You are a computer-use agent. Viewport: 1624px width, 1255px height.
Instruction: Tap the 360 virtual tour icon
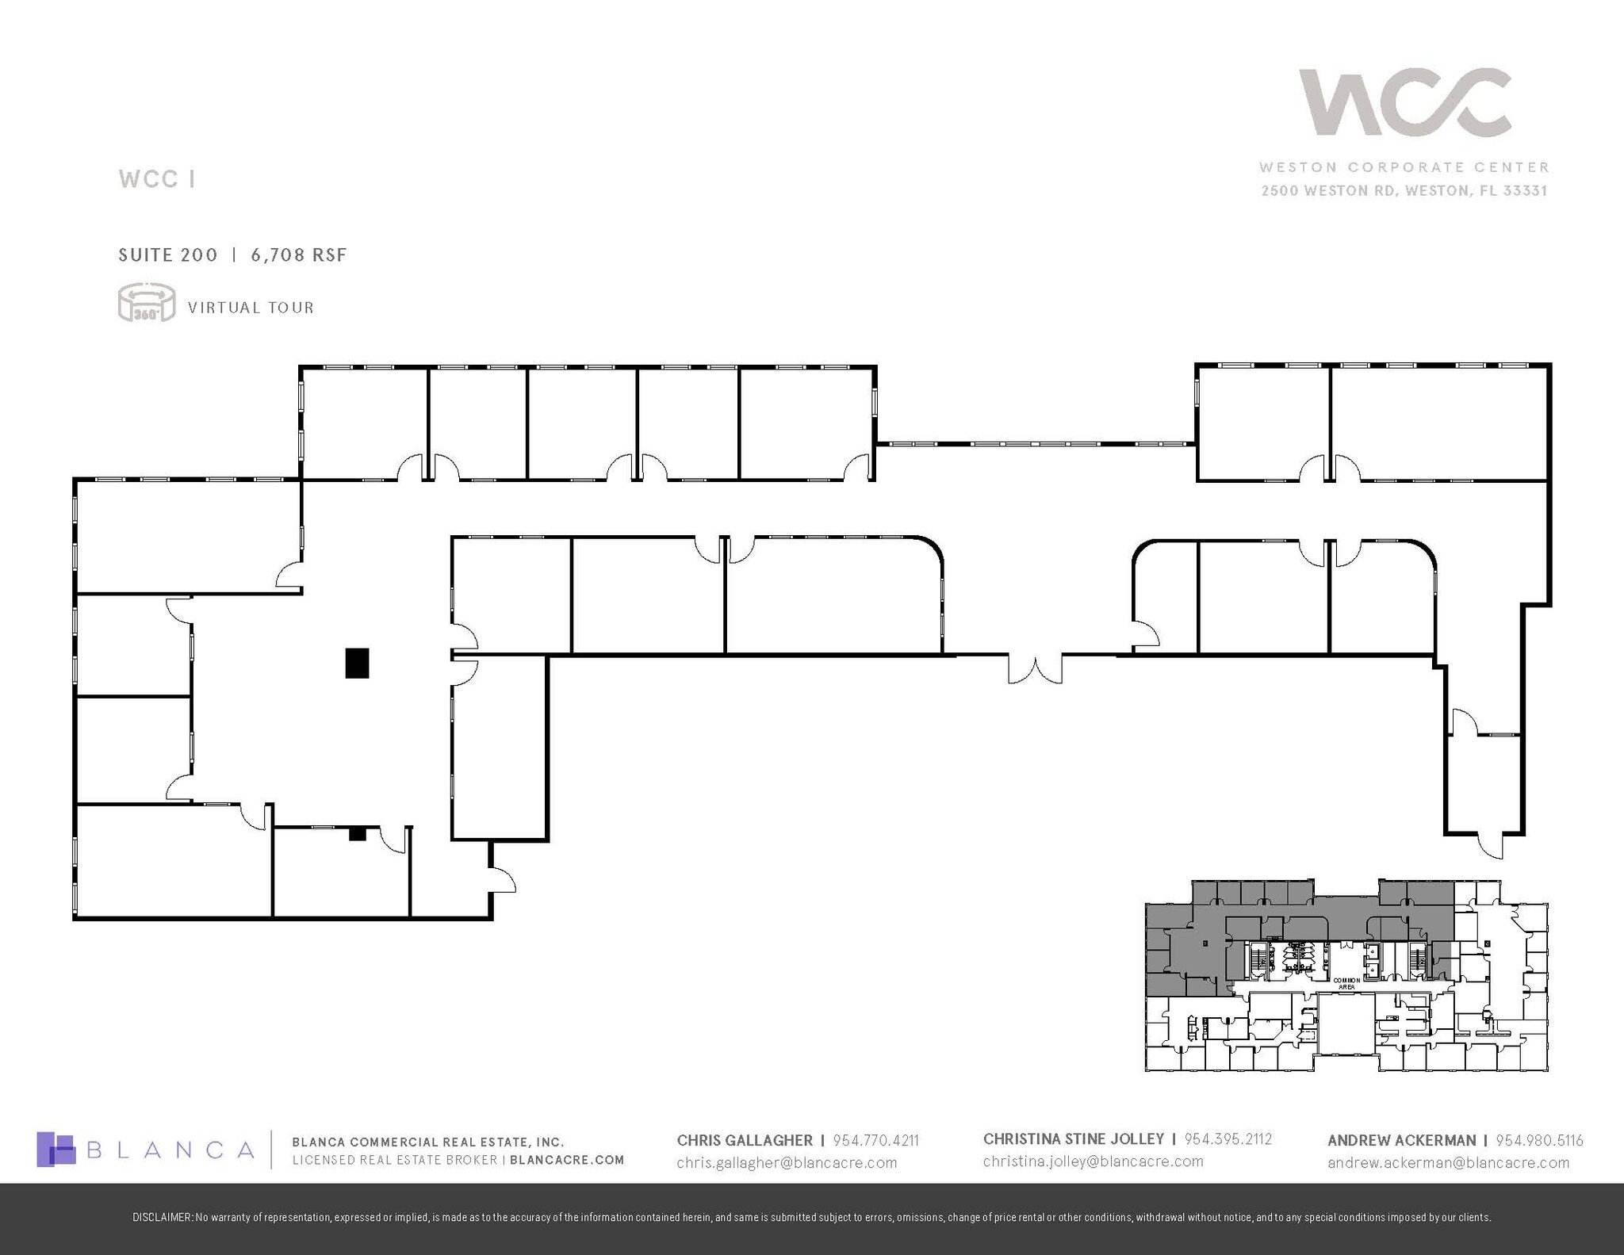pos(146,303)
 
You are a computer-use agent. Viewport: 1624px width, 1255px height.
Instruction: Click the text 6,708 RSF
pos(299,254)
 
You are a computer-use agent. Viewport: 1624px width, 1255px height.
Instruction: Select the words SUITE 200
pos(168,254)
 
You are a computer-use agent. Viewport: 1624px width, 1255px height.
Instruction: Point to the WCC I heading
pos(157,179)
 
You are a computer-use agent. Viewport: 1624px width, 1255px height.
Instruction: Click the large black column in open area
pos(357,663)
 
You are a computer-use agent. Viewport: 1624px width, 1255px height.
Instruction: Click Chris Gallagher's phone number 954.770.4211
pos(875,1140)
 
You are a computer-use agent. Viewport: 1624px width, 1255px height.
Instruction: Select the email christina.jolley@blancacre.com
pos(1093,1161)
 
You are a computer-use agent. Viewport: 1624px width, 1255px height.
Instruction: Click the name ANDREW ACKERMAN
pos(1401,1140)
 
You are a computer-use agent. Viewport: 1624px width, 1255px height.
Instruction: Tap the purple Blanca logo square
pos(56,1149)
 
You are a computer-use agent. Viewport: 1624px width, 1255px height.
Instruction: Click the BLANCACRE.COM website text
pos(567,1160)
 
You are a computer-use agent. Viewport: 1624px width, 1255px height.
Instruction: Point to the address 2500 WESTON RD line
pos(1404,190)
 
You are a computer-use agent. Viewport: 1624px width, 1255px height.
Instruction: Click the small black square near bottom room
pos(357,833)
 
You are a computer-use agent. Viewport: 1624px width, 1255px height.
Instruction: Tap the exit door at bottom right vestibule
pos(1491,846)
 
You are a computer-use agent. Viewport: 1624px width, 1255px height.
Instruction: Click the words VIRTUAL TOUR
pos(251,308)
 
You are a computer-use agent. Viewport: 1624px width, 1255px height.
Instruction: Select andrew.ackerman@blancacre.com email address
pos(1448,1162)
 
